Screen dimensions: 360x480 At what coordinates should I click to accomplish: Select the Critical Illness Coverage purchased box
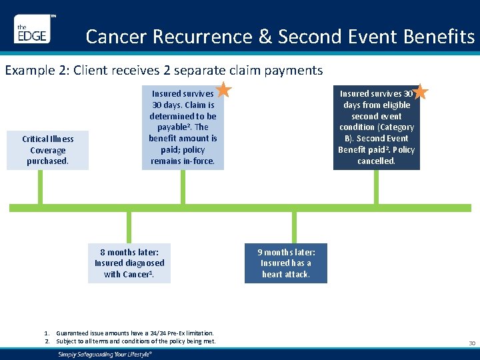pyautogui.click(x=48, y=150)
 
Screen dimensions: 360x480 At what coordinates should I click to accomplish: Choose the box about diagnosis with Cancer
pyautogui.click(x=129, y=263)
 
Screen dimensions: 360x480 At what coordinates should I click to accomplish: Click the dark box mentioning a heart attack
pyautogui.click(x=286, y=263)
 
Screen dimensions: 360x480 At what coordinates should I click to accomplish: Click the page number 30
pyautogui.click(x=472, y=343)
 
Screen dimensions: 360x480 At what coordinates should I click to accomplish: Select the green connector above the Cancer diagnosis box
pyautogui.click(x=129, y=228)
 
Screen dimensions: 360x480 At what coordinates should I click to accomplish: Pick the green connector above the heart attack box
pyautogui.click(x=294, y=228)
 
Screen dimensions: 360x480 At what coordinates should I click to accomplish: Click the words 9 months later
pyautogui.click(x=287, y=252)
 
